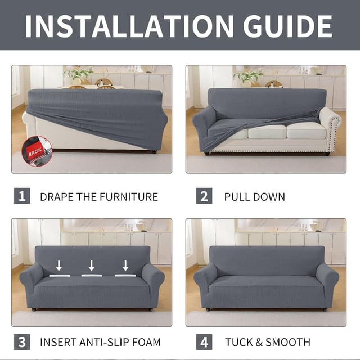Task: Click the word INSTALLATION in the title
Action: [x=129, y=26]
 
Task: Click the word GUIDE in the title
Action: [x=287, y=26]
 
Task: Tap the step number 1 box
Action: [x=22, y=196]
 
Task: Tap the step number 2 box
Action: [x=204, y=196]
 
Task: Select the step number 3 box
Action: [x=22, y=342]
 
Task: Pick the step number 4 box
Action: [x=204, y=342]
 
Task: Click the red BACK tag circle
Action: [x=37, y=151]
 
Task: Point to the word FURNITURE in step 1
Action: [x=129, y=197]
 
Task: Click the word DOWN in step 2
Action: [x=269, y=197]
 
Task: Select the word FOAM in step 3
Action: [x=146, y=342]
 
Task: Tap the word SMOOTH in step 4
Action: [x=288, y=342]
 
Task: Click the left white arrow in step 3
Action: [x=59, y=265]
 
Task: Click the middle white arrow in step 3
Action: [x=92, y=265]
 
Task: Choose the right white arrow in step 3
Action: [x=125, y=265]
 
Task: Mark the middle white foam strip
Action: [x=92, y=275]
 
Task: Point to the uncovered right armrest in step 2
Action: [x=330, y=129]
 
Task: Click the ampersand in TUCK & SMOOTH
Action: [x=259, y=342]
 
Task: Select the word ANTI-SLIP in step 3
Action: [x=105, y=342]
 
